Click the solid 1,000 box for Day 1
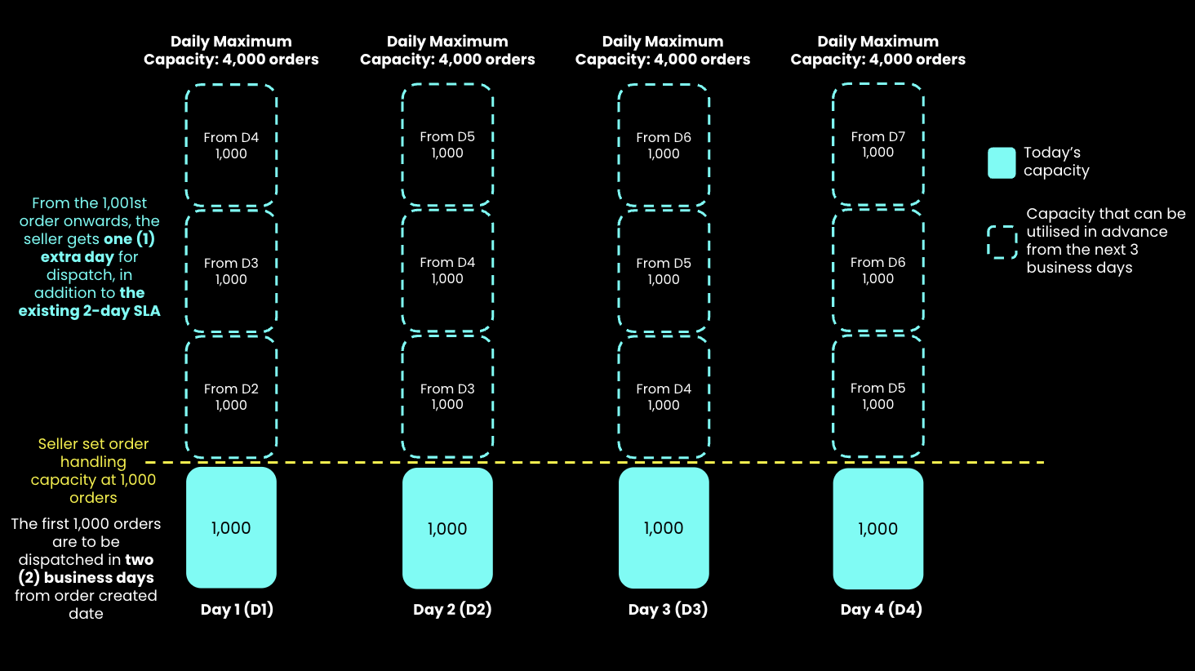(231, 527)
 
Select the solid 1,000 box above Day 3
(664, 527)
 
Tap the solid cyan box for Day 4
(878, 528)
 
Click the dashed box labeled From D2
(231, 397)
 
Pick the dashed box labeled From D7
(878, 144)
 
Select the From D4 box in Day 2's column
(447, 270)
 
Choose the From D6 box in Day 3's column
(664, 145)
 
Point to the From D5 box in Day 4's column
(878, 396)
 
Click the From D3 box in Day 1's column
(231, 271)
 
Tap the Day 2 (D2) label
(452, 609)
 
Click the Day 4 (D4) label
(882, 609)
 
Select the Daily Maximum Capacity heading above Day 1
(231, 50)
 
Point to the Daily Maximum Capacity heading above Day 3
(663, 50)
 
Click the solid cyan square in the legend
(1002, 162)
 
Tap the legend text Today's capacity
(1056, 162)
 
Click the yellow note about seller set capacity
(93, 470)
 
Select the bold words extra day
(78, 257)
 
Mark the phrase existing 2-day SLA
(89, 311)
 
